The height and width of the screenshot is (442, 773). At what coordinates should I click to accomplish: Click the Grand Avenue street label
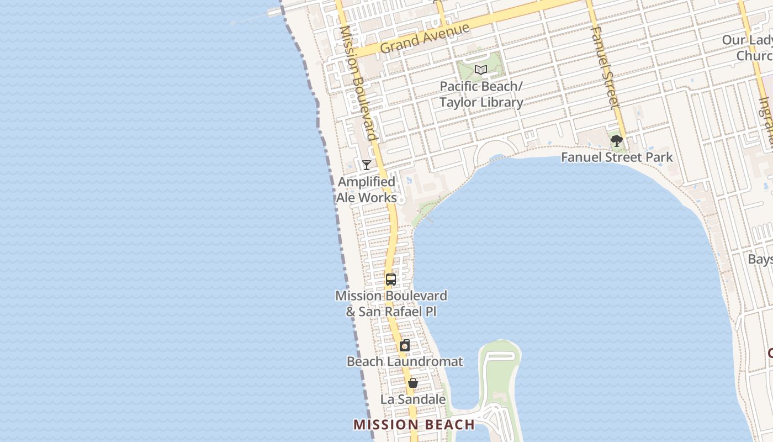(425, 38)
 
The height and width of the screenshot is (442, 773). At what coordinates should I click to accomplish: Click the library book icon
(481, 70)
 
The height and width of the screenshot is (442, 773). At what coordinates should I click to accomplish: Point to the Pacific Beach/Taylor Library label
(481, 94)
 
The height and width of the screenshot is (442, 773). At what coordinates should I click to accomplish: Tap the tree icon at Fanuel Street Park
(617, 141)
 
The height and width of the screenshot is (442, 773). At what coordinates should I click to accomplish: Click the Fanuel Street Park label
(617, 157)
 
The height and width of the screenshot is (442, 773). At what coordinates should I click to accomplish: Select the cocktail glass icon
(367, 165)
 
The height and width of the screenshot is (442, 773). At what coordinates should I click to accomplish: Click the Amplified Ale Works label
(367, 190)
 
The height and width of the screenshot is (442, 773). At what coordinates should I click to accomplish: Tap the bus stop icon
(391, 280)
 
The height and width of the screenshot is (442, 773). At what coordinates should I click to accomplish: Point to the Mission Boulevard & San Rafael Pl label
(391, 303)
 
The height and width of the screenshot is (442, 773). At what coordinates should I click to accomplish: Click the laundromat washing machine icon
(405, 346)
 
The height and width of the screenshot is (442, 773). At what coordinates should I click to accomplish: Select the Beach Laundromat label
(405, 362)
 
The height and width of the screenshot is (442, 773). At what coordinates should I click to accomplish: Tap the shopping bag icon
(412, 383)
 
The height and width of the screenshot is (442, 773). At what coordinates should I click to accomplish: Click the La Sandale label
(413, 399)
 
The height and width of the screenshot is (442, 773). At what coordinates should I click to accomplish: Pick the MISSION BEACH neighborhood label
(414, 425)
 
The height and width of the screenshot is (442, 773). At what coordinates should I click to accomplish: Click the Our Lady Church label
(748, 48)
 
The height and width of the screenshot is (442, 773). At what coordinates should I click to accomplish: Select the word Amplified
(367, 182)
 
